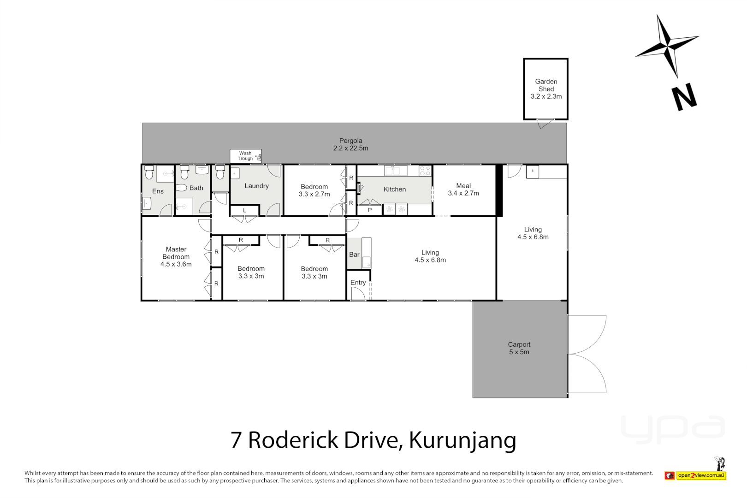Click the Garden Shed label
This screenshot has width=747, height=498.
[546, 89]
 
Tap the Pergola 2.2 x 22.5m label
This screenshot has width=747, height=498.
[350, 144]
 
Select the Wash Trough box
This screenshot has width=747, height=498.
[246, 156]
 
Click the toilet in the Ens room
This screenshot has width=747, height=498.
[149, 173]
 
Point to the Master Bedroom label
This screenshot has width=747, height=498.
[176, 256]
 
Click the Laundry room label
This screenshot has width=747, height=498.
[256, 186]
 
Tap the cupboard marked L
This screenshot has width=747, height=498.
[244, 210]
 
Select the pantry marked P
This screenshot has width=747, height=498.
[369, 210]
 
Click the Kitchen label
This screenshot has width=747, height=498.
[395, 189]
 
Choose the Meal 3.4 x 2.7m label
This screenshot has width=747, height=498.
[463, 190]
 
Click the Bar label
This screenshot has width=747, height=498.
[354, 255]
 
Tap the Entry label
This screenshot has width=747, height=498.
[358, 283]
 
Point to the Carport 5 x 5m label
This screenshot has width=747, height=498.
[519, 348]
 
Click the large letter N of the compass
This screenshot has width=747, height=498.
[684, 97]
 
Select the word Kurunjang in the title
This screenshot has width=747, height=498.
[462, 440]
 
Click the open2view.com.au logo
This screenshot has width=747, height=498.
[701, 475]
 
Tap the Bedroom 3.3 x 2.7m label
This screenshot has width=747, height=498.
[314, 190]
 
